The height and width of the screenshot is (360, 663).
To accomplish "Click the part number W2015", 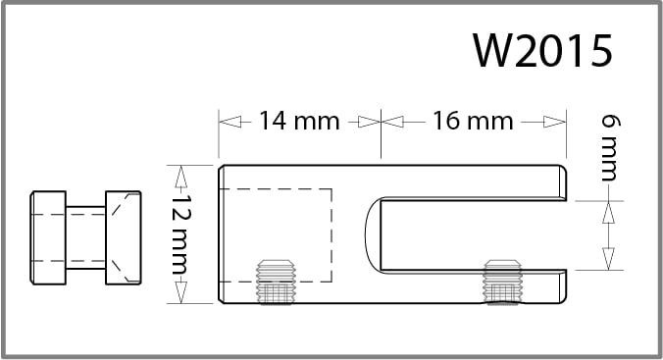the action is [542, 50].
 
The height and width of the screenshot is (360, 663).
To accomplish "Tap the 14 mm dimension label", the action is [299, 121].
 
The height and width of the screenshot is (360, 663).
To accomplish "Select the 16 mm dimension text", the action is [473, 121].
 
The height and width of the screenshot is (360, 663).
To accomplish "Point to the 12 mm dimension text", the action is [182, 234].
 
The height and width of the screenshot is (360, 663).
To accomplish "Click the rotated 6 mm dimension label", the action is [611, 148].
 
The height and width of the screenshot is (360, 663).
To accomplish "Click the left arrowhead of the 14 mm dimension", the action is [229, 122].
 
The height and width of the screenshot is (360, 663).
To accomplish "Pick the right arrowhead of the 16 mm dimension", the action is [554, 122].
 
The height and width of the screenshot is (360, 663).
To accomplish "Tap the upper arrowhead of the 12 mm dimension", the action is [181, 177].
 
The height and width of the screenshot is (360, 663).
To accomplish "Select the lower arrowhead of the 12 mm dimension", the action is [181, 292].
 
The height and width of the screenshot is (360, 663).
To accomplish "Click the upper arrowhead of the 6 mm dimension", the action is [608, 212].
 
